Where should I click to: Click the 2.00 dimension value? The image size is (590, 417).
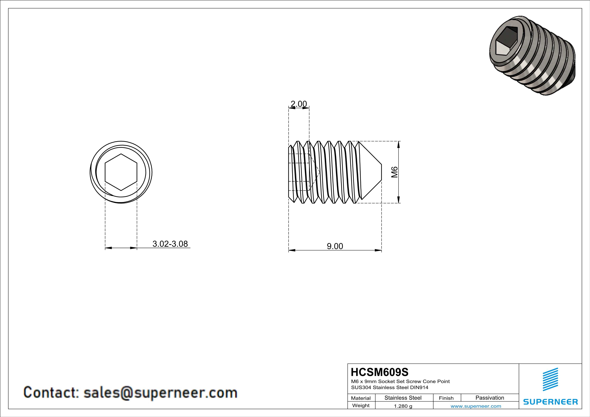pyautogui.click(x=299, y=104)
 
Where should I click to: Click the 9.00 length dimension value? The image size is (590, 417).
pyautogui.click(x=335, y=246)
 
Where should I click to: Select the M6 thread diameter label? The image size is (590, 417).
pyautogui.click(x=395, y=172)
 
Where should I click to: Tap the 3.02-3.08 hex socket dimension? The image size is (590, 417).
pyautogui.click(x=170, y=244)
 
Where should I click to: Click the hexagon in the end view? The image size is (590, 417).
pyautogui.click(x=121, y=172)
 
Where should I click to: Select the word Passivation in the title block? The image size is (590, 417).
pyautogui.click(x=490, y=398)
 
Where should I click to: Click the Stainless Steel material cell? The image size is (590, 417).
pyautogui.click(x=403, y=398)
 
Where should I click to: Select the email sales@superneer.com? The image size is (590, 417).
pyautogui.click(x=160, y=393)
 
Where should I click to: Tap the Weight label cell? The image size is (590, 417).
pyautogui.click(x=361, y=405)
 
